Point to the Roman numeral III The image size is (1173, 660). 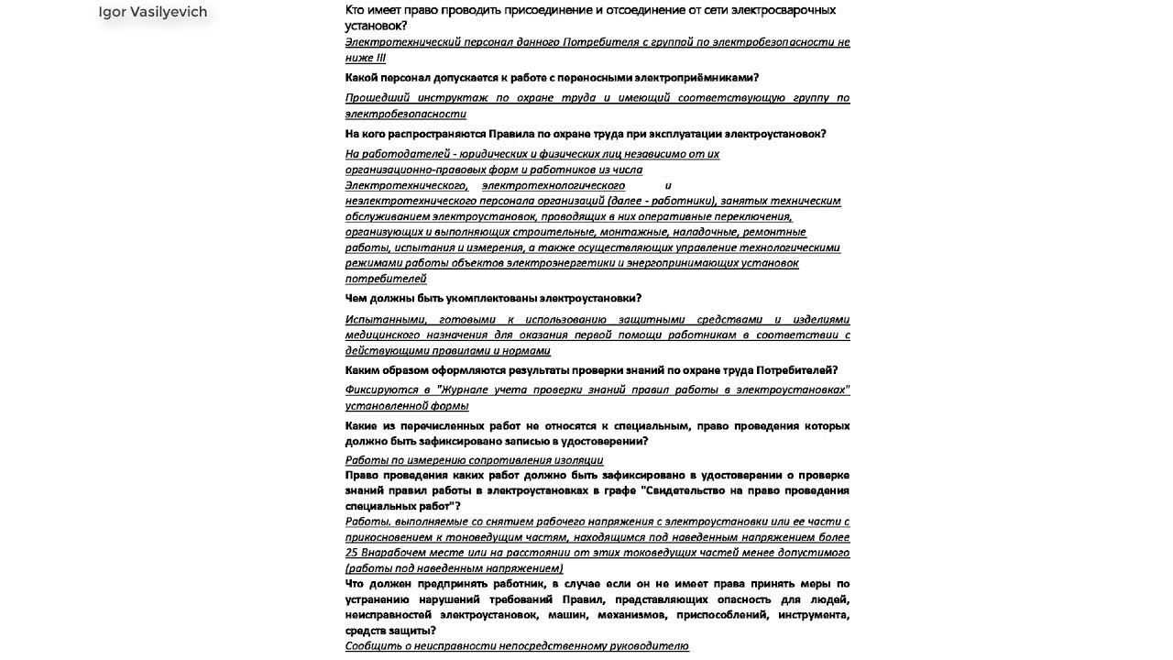pos(379,58)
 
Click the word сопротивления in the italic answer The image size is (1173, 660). pos(505,460)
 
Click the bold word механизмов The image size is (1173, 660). pos(641,615)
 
